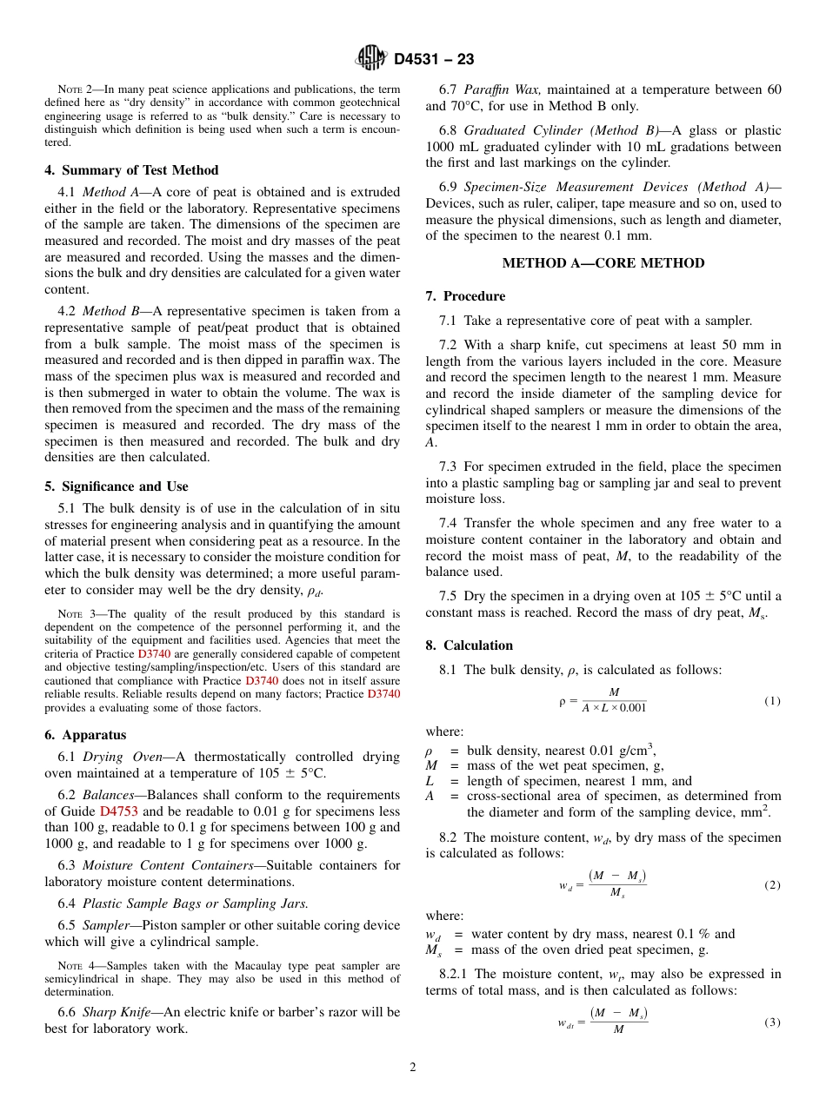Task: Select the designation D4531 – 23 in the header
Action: (434, 60)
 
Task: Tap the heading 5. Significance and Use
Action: (116, 486)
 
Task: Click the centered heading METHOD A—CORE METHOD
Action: (603, 263)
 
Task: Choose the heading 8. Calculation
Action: (470, 645)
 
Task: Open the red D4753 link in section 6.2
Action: (118, 811)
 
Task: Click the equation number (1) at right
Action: (772, 700)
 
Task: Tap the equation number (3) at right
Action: (772, 1022)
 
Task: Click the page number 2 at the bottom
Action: (413, 1068)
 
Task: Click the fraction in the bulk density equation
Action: (614, 700)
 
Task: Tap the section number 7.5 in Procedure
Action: (449, 596)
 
